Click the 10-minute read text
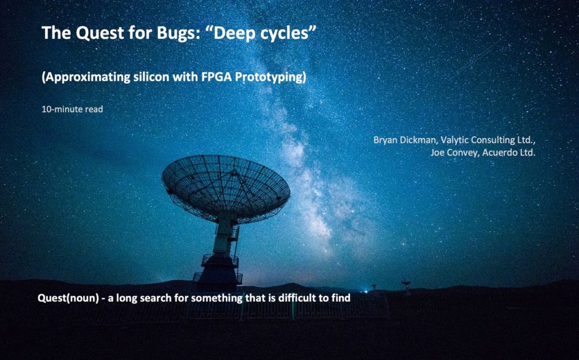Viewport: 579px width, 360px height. coord(72,109)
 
